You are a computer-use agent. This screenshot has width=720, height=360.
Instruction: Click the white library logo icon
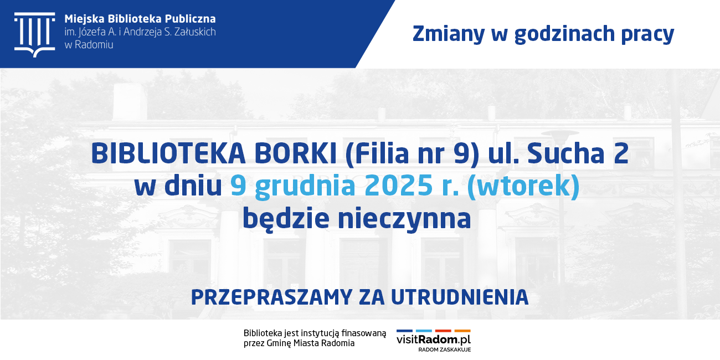[x=34, y=34]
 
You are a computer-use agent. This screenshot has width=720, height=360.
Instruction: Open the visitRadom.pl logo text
[x=433, y=339]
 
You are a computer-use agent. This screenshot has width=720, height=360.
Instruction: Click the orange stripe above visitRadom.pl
[x=462, y=331]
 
